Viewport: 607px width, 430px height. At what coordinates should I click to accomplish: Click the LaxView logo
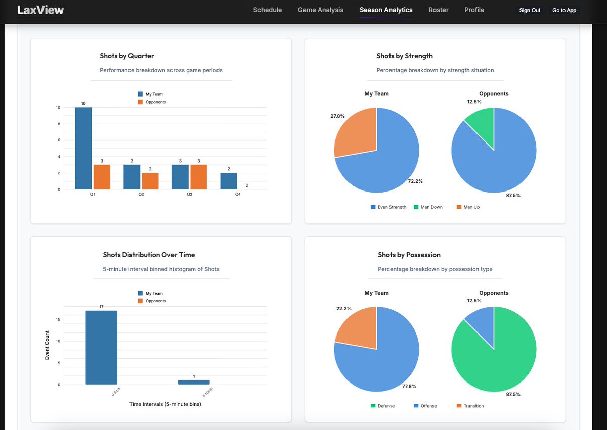coord(40,10)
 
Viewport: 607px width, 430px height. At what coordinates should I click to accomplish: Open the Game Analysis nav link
coord(320,10)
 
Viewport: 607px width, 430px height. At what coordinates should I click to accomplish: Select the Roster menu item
coord(438,10)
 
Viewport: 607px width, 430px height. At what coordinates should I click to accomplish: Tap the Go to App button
coord(563,10)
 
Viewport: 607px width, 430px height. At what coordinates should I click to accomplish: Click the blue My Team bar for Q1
coord(83,149)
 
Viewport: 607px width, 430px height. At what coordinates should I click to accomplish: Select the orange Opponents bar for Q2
coord(150,181)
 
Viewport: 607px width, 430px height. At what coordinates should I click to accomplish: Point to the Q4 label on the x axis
coord(237,194)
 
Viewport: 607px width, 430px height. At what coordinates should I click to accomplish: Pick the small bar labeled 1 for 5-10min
coord(194,382)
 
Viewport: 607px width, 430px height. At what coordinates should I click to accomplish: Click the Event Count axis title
coord(47,345)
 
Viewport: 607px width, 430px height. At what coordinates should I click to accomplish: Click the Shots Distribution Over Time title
coord(149,255)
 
